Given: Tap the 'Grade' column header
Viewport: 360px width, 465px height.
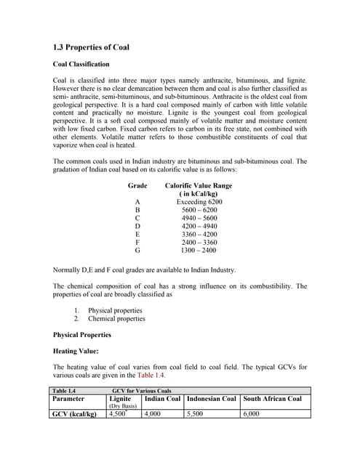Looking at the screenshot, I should tap(137, 186).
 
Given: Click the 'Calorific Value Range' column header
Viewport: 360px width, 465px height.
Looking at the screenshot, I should tap(199, 186).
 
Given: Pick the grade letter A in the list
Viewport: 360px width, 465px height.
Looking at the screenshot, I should tap(137, 202).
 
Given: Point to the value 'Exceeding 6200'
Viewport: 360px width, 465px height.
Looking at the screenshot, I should tap(199, 202).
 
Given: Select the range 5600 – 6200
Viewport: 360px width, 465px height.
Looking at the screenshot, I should tap(199, 210).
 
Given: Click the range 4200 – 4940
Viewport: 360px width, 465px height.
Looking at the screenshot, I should tap(199, 226).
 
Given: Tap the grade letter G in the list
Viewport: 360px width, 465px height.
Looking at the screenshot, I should tap(137, 251).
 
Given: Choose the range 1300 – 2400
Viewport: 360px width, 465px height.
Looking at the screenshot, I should tap(199, 251).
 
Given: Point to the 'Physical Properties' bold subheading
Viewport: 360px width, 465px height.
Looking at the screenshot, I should tap(82, 335).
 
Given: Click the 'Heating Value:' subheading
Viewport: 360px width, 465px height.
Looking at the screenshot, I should tap(76, 351).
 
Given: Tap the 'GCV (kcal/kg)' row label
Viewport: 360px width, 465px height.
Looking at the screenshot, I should tap(76, 413).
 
